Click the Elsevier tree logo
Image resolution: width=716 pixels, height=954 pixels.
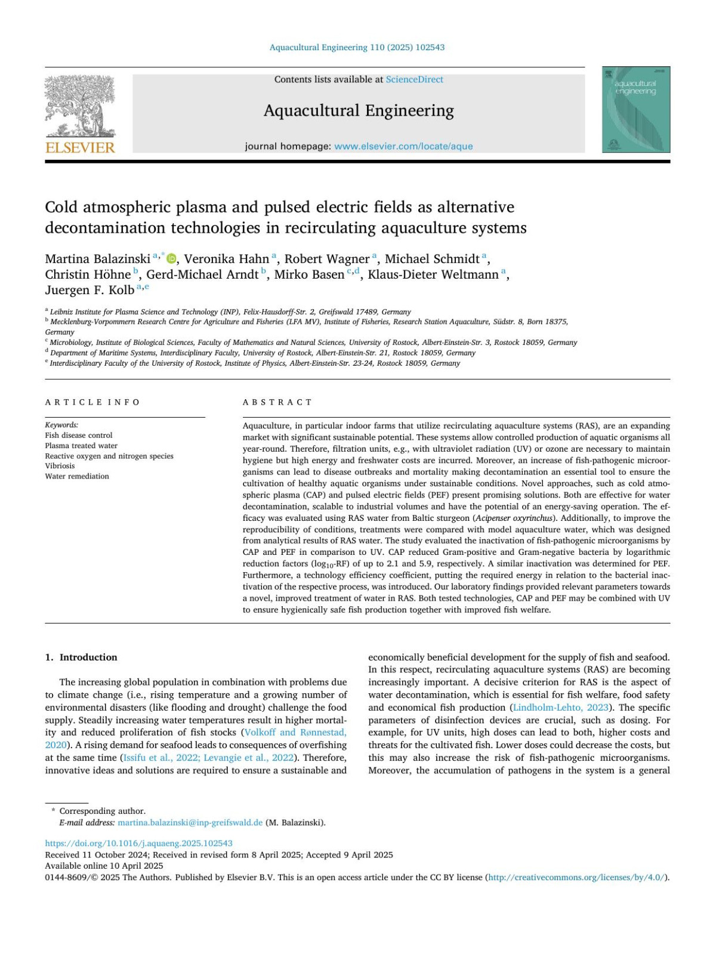point(80,107)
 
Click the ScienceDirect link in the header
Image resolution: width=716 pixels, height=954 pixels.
point(414,79)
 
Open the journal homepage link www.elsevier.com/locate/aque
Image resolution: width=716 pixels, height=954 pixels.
point(403,146)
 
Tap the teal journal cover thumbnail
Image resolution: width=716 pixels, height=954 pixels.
point(636,110)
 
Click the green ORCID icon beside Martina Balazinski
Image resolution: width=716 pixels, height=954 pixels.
point(172,258)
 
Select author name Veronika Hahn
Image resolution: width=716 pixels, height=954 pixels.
point(227,259)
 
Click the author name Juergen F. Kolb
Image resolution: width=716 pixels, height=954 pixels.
point(89,290)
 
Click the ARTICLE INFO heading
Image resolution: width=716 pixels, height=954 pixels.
point(92,402)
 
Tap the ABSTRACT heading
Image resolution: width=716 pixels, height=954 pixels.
point(277,402)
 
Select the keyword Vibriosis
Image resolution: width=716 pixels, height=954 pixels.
point(60,466)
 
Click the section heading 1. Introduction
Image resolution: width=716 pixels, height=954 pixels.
point(81,657)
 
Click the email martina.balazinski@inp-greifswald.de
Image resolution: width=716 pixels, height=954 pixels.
point(190,822)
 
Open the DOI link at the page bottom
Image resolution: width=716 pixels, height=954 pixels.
point(139,843)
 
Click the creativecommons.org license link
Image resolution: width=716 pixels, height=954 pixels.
point(576,877)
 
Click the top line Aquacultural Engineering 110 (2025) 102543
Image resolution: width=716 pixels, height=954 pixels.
point(357,47)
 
